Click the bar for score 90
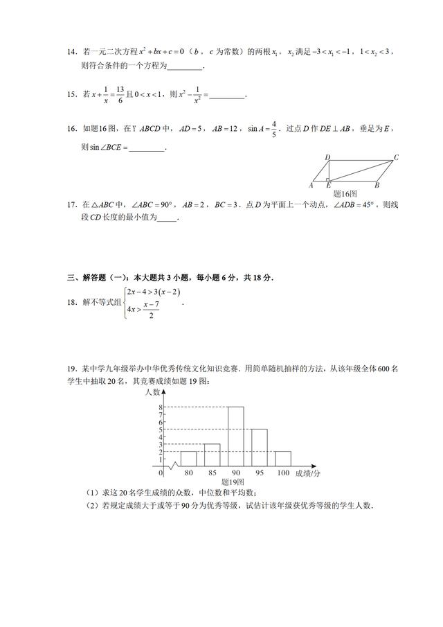point(235,436)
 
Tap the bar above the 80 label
point(188,459)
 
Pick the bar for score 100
point(282,459)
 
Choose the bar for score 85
point(212,454)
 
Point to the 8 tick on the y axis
point(161,407)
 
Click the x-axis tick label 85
point(212,473)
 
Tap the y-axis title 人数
point(154,392)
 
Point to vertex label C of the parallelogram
point(397,158)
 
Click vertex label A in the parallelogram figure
point(311,186)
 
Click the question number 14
point(71,52)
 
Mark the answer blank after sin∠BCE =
point(147,148)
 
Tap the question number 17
point(71,205)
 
